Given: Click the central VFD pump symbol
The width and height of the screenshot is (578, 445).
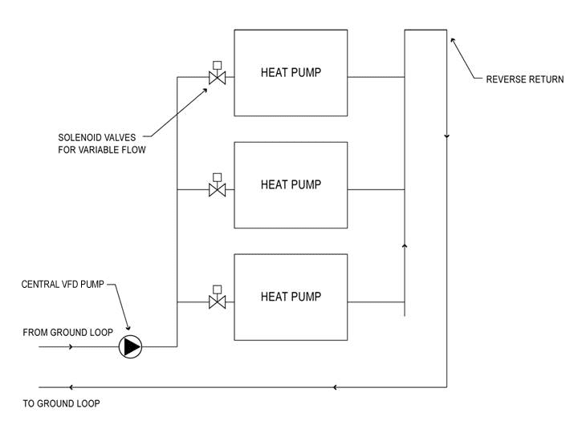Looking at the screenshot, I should pos(130,346).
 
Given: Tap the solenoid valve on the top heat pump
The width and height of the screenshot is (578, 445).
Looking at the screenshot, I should pos(217,78).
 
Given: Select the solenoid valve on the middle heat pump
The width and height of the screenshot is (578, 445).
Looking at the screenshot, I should pos(217,190).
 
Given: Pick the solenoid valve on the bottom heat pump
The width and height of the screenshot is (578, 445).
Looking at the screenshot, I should pos(217,302).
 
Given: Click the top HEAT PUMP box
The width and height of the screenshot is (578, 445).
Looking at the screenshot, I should pos(291,73).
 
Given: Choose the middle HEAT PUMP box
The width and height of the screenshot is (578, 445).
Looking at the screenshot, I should pos(291,185).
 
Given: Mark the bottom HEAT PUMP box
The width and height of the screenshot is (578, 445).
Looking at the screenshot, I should pos(291,297).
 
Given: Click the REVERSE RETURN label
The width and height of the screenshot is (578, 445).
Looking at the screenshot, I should pos(525,79).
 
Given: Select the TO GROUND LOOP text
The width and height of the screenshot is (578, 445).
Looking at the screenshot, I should pos(62,403).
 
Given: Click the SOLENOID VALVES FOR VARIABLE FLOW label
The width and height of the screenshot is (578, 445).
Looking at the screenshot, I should pos(102,143).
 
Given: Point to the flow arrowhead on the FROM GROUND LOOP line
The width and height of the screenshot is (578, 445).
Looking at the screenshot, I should pos(71,346).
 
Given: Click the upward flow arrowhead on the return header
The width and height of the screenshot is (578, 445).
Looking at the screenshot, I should pos(405,245).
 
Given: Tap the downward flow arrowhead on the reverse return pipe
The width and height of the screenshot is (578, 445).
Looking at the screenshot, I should pos(446,136).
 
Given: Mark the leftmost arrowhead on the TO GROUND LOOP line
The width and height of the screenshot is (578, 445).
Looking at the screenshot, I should pos(71,387).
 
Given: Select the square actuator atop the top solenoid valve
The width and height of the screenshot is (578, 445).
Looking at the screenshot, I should pos(217,64).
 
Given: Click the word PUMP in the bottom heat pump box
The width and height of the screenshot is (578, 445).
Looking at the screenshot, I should pos(306,297).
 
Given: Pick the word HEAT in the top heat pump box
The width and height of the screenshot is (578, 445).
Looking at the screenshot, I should pos(273,73).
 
